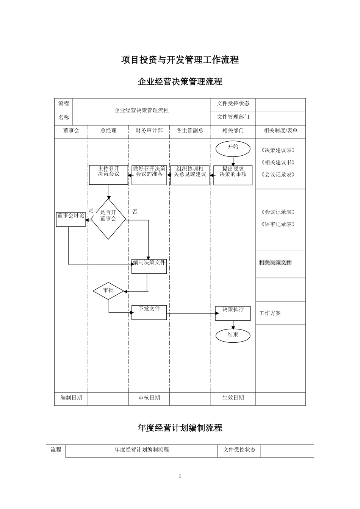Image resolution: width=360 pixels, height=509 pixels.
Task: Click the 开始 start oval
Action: (233, 149)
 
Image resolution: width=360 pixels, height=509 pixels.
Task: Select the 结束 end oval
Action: (233, 335)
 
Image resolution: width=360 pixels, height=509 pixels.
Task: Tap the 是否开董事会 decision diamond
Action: (108, 219)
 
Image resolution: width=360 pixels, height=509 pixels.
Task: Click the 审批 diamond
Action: (108, 290)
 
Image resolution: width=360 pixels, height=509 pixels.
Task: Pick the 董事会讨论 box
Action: (71, 219)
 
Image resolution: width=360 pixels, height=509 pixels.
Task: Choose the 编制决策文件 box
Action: (149, 266)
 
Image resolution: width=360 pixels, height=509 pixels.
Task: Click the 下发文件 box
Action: (149, 312)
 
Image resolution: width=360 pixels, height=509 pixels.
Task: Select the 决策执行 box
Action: (233, 313)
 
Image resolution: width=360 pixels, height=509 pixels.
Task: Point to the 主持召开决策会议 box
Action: (108, 175)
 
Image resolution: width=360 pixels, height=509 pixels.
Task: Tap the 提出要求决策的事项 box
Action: (233, 175)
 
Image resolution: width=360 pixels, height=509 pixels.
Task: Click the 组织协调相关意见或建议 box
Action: (190, 175)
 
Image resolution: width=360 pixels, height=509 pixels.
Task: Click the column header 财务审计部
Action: (149, 131)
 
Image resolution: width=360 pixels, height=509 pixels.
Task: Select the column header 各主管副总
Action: (190, 131)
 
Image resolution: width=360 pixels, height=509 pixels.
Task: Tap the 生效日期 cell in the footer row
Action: (233, 398)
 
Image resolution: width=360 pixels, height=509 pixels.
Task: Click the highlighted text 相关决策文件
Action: (275, 263)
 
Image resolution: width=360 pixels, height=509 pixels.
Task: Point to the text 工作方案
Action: (270, 313)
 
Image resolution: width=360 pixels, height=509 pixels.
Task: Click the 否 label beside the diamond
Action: (135, 212)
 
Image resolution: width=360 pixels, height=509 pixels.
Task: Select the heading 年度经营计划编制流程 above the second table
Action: (180, 428)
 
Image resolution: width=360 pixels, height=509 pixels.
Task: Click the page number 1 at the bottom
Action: (180, 476)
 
